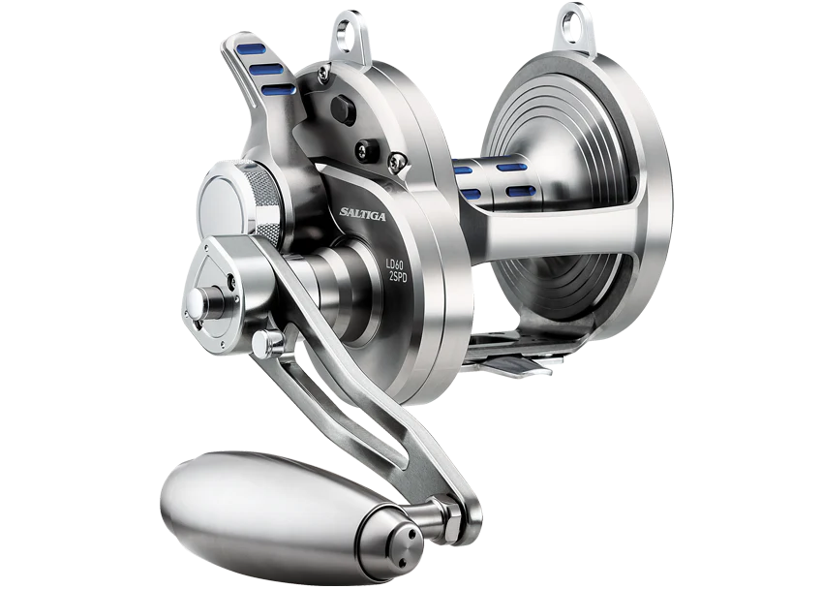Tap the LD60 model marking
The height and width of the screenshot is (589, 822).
394,263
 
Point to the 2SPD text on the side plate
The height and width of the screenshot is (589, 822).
396,278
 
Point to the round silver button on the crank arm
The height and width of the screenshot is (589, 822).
273,341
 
